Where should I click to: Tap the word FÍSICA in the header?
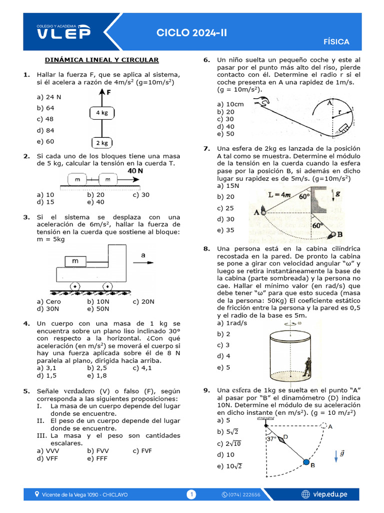click(x=336, y=42)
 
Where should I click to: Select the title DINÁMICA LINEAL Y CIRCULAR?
click(x=101, y=60)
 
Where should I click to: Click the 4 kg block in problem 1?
click(x=102, y=113)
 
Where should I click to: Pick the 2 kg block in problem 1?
click(x=102, y=143)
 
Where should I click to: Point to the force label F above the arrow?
click(x=108, y=93)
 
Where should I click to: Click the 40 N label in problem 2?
click(x=135, y=171)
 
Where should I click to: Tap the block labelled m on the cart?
click(x=75, y=261)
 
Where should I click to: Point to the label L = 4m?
click(x=280, y=195)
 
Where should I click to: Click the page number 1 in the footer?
click(x=191, y=494)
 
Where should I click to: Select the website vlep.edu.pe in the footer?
click(x=330, y=494)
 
